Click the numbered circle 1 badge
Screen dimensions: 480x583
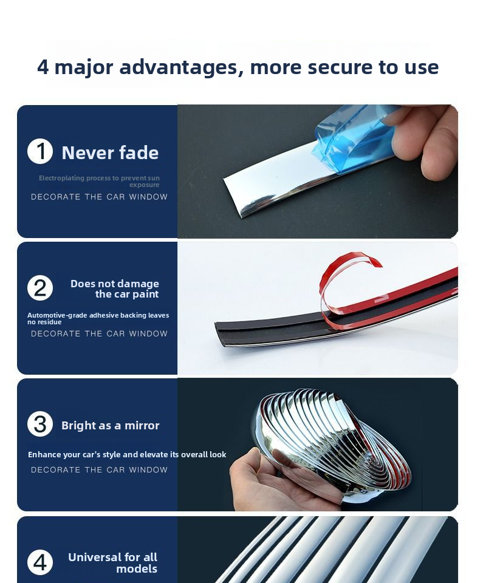pos(40,151)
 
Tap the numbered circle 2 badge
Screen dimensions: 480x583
pos(40,288)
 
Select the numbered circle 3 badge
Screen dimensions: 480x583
pos(40,424)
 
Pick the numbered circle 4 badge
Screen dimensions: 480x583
pos(40,562)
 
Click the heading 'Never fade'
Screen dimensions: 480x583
pos(110,153)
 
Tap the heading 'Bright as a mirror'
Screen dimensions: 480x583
pos(110,425)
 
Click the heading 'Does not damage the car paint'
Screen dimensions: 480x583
pos(115,289)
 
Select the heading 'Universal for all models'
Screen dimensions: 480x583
pos(112,563)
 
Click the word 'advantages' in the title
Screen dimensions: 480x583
pos(182,67)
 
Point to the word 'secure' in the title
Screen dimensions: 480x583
pos(340,67)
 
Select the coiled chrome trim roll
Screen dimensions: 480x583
pos(331,443)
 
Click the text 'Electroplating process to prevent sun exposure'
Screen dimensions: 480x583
pos(99,182)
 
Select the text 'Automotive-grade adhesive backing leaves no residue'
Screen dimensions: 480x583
pos(98,319)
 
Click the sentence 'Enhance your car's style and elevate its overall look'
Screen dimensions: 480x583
pos(127,454)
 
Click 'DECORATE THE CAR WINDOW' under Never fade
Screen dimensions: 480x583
pos(100,197)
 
